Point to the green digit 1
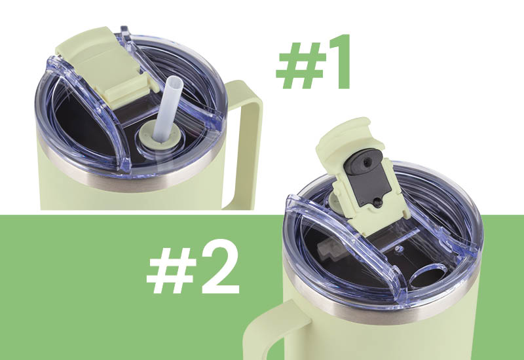point(335,62)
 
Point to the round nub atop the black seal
point(367,160)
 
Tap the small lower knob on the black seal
point(378,202)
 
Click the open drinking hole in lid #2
point(426,276)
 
